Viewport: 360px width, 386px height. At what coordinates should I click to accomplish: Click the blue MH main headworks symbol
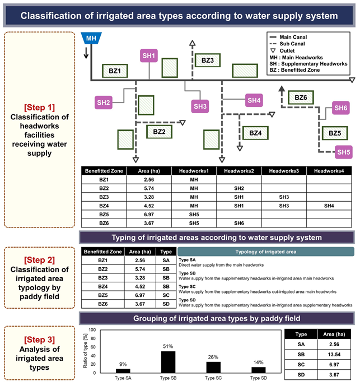click(91, 38)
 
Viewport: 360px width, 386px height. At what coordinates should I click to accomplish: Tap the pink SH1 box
click(149, 55)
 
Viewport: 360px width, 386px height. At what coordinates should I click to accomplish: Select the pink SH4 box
click(254, 100)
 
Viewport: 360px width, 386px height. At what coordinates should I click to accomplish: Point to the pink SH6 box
click(341, 108)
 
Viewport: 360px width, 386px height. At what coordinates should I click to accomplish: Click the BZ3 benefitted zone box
click(208, 61)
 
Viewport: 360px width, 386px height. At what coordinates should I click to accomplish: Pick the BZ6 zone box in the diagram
click(301, 97)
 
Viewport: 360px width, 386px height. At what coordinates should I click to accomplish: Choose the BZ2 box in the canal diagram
click(159, 132)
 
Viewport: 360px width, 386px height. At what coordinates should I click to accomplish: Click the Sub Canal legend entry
click(287, 44)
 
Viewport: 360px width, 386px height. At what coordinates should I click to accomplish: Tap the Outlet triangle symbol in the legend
click(273, 51)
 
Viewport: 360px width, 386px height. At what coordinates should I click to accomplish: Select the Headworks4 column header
click(329, 171)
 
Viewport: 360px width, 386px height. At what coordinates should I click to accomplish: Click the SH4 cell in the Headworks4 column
click(329, 206)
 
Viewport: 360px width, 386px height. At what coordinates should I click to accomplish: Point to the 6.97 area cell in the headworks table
click(149, 215)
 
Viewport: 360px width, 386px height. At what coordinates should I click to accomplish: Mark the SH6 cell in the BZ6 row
click(239, 224)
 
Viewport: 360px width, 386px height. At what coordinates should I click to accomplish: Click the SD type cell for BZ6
click(166, 304)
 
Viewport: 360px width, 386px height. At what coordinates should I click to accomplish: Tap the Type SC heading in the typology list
click(187, 287)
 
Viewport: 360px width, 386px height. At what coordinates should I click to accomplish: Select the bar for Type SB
click(169, 362)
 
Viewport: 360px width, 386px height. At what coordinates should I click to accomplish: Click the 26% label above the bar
click(213, 357)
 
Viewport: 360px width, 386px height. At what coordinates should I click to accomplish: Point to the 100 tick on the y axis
click(92, 330)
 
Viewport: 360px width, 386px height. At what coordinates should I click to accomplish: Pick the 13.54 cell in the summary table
click(334, 355)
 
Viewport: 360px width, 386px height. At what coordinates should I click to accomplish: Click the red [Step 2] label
click(39, 260)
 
